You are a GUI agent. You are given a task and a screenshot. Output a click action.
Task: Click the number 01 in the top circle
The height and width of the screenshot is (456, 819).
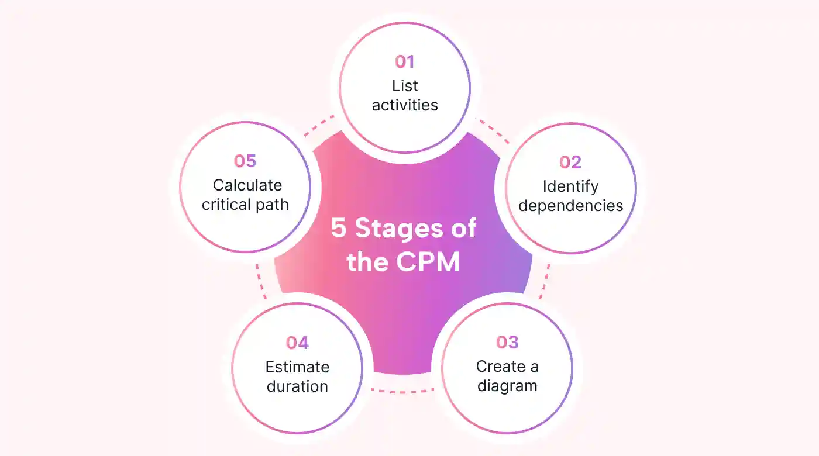click(x=405, y=62)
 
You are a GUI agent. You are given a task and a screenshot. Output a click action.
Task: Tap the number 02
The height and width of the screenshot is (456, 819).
click(x=570, y=162)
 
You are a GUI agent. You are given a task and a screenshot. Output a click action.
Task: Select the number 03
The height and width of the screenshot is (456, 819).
click(x=507, y=343)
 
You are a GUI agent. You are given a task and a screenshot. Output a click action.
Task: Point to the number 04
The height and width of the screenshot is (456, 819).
click(x=297, y=343)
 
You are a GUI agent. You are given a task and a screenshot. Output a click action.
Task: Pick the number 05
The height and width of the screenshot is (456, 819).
click(x=245, y=161)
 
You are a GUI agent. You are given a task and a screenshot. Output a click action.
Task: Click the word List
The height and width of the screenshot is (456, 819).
click(x=405, y=86)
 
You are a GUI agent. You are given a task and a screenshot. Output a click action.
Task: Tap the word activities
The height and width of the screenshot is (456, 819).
click(x=405, y=105)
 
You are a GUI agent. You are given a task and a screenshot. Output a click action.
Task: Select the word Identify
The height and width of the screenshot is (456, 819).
click(x=570, y=186)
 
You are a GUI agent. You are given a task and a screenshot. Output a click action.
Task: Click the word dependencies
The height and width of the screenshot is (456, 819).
click(x=570, y=206)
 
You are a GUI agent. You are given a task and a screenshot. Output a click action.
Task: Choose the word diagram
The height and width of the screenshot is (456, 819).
click(x=507, y=386)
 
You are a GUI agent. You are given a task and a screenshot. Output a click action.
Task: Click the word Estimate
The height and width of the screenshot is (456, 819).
click(x=297, y=367)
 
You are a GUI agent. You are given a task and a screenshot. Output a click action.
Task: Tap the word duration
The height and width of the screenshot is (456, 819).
click(x=297, y=386)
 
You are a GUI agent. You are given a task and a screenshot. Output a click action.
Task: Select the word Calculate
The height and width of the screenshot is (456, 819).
click(x=247, y=185)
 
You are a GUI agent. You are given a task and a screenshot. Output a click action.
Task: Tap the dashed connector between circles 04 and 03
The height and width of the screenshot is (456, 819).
click(x=402, y=390)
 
